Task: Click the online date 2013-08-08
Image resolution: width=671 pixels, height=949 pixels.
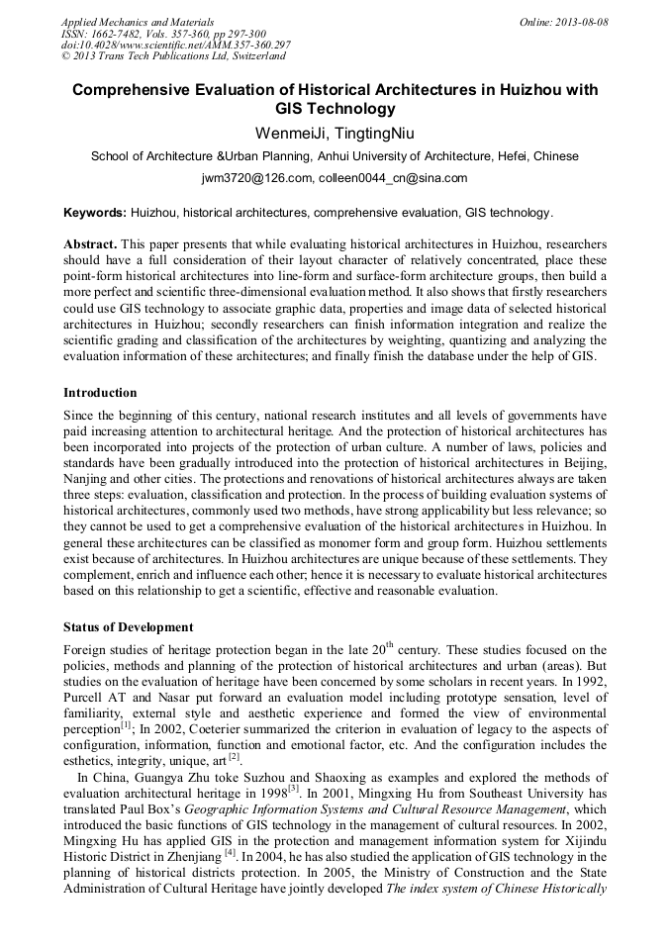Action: pyautogui.click(x=565, y=21)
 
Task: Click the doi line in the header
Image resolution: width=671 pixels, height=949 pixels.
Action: pyautogui.click(x=175, y=46)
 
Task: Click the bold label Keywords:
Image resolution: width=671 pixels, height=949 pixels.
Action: pyautogui.click(x=95, y=213)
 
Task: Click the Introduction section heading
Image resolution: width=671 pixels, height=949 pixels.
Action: pyautogui.click(x=100, y=393)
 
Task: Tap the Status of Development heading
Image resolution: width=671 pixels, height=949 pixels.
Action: pyautogui.click(x=128, y=627)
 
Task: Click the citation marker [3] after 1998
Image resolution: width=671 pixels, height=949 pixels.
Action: pyautogui.click(x=293, y=789)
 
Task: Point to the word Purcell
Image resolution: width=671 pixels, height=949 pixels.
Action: pyautogui.click(x=85, y=697)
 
